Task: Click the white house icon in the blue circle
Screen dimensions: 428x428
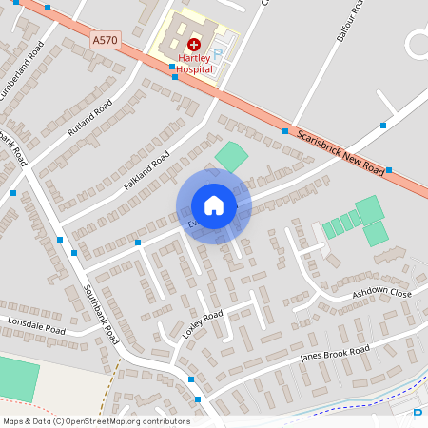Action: coord(214,204)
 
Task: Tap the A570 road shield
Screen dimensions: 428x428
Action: coord(107,40)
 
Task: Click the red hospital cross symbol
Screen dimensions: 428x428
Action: coord(194,44)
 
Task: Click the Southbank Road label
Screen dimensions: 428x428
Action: coord(99,313)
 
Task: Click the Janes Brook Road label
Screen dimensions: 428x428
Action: coord(334,356)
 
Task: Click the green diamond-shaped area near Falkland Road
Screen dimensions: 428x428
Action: coord(230,157)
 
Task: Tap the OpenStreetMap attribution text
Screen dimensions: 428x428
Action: coord(96,420)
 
